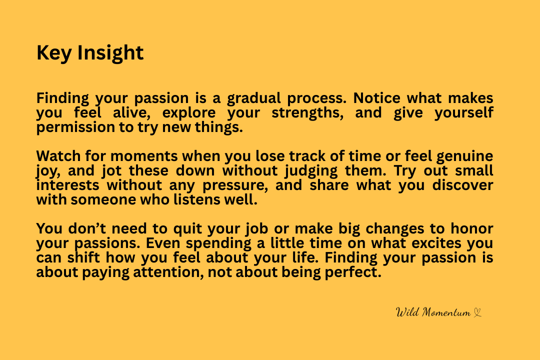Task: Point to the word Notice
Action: coord(377,98)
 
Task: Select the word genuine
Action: coord(464,156)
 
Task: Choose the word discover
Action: coord(462,185)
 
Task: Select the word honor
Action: coord(472,228)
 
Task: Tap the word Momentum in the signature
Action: coord(446,312)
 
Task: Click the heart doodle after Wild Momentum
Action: coord(477,312)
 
